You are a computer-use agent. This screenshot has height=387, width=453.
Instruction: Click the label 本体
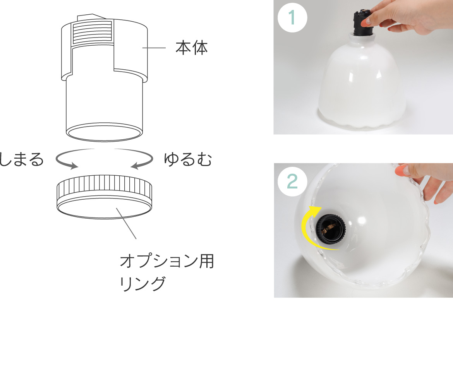pos(192,48)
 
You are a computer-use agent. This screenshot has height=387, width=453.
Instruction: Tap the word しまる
pos(21,159)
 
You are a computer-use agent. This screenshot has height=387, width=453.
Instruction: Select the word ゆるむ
pos(188,159)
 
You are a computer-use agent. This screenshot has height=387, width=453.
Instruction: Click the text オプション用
pos(167,261)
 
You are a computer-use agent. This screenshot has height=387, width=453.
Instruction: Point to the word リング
pos(142,283)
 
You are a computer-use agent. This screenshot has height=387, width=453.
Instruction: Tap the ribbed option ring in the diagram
pos(104,196)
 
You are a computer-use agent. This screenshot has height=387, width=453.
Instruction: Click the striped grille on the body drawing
pos(92,32)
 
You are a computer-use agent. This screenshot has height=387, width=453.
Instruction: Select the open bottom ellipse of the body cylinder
pos(104,132)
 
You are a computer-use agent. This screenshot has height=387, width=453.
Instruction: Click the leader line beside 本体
pos(154,48)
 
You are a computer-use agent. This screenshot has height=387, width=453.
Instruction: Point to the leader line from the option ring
pos(126,223)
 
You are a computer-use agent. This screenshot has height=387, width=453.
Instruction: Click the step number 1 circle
pos(292,17)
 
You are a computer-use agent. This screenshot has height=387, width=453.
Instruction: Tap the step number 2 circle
pos(292,182)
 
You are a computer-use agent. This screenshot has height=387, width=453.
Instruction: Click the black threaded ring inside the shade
pos(331,229)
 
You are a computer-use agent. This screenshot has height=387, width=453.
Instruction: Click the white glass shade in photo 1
pos(362,84)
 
